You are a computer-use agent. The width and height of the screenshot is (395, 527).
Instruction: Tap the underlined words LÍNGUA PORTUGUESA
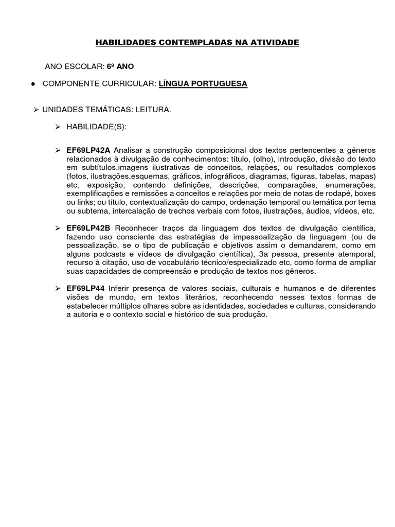203,83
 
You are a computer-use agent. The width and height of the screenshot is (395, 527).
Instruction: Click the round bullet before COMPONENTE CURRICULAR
32,83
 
